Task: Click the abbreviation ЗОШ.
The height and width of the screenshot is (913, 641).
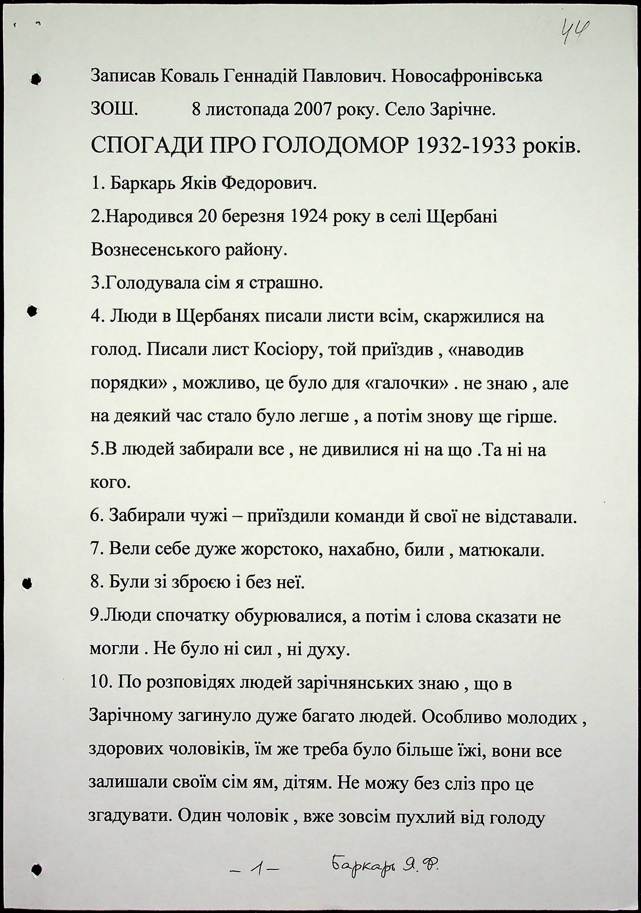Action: click(114, 109)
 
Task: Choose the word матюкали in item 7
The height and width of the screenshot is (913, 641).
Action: click(501, 551)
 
